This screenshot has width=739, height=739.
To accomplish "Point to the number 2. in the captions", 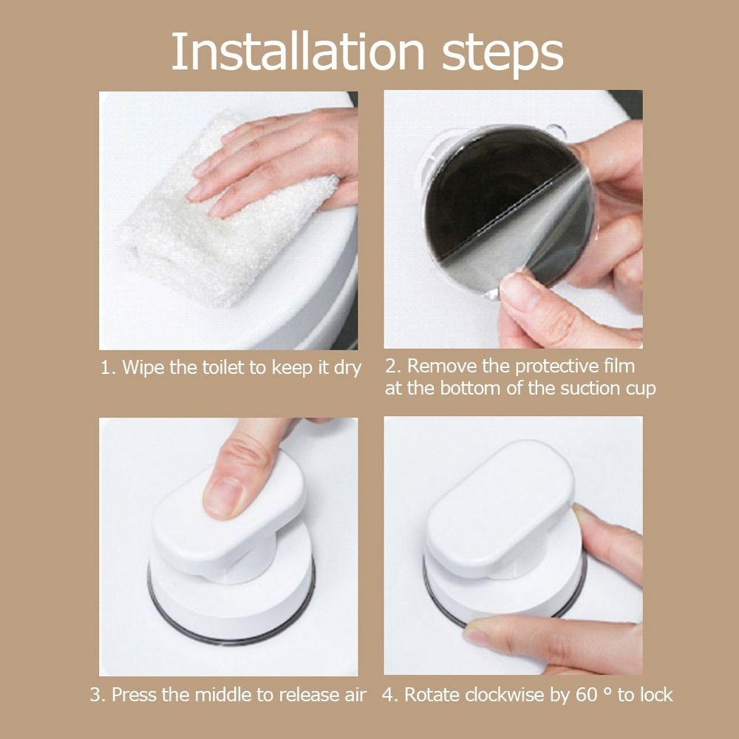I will [393, 366].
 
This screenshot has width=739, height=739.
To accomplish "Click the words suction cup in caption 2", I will [611, 389].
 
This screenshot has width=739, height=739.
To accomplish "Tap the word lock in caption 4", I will [654, 695].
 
